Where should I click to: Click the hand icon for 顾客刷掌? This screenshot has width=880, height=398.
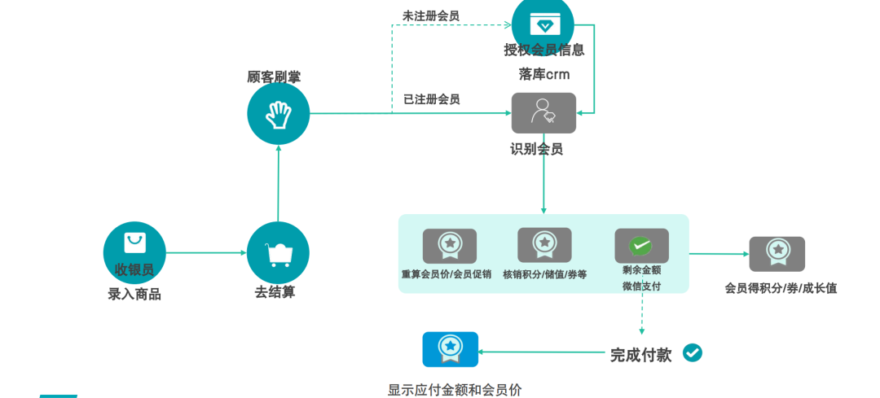pos(279,114)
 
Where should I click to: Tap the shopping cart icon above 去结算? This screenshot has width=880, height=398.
pos(279,253)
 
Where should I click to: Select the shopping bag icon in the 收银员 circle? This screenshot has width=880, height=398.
pos(134,243)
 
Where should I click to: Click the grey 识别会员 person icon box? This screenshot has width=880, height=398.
pos(543,113)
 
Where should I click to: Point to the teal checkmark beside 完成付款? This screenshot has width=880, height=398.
pos(693,352)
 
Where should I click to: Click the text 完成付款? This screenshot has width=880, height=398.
pos(641,355)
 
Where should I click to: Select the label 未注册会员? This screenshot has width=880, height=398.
pos(431,15)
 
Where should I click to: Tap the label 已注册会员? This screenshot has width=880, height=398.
pos(431,99)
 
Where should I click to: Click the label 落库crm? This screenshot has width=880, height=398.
pos(544,74)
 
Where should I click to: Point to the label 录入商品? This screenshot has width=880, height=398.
pos(134,295)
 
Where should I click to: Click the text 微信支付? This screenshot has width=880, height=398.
pos(641,286)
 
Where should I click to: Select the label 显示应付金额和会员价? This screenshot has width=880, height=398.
pos(455,390)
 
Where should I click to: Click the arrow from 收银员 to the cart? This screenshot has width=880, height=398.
pos(206,253)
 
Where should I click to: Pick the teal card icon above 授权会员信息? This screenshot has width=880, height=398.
pos(543,22)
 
